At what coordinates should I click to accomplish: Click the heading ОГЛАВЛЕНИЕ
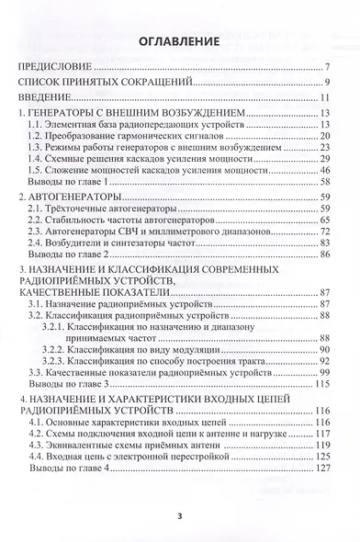click(179, 41)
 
